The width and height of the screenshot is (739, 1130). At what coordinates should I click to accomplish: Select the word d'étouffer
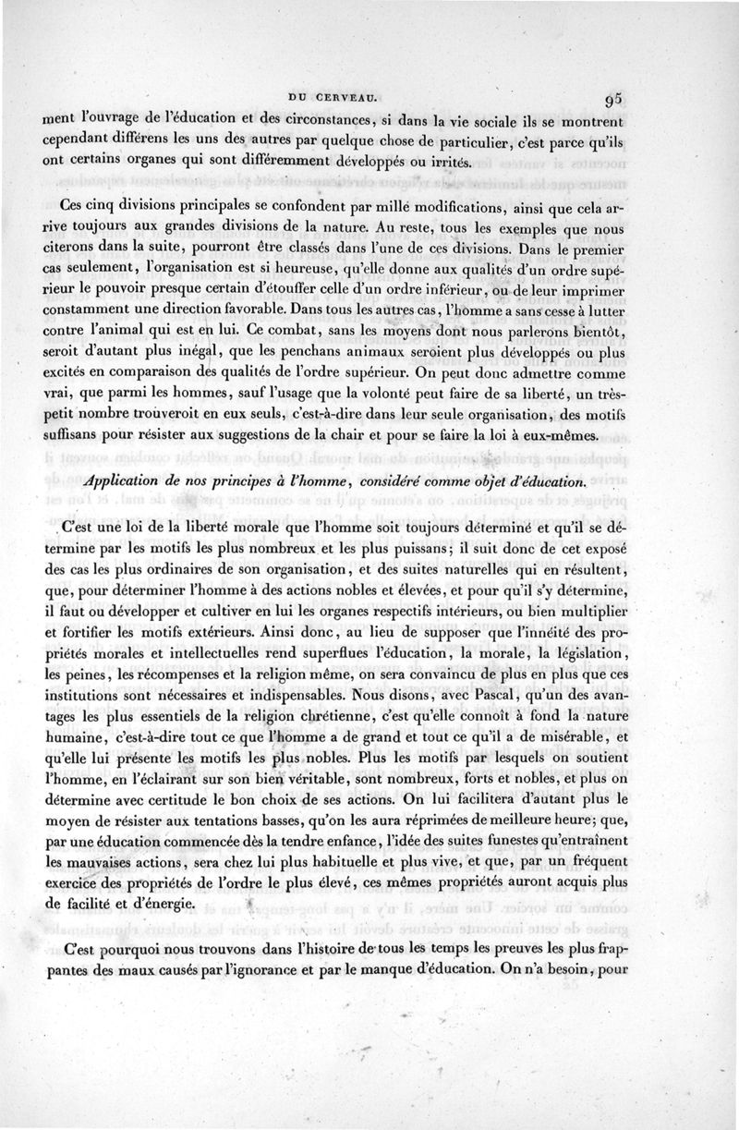pyautogui.click(x=289, y=290)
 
